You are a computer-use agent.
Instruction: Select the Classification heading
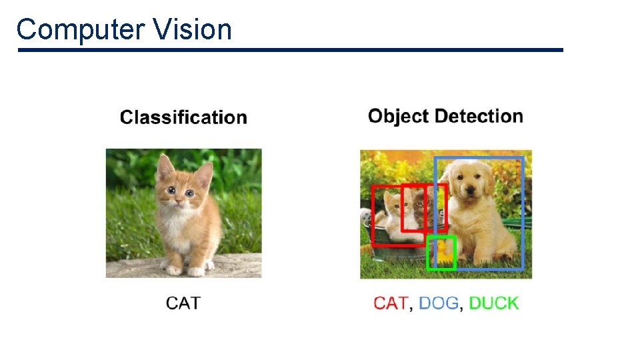(183, 118)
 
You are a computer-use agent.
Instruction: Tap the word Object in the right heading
(398, 117)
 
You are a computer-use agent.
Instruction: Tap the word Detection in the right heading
(479, 116)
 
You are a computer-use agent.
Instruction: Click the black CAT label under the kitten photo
(183, 303)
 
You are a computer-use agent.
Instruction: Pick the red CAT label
(391, 303)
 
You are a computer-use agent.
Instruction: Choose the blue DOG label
(439, 303)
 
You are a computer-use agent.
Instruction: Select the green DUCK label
(493, 303)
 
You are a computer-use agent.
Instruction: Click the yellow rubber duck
(441, 252)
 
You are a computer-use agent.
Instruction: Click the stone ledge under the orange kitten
(140, 267)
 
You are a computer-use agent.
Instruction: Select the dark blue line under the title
(290, 50)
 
